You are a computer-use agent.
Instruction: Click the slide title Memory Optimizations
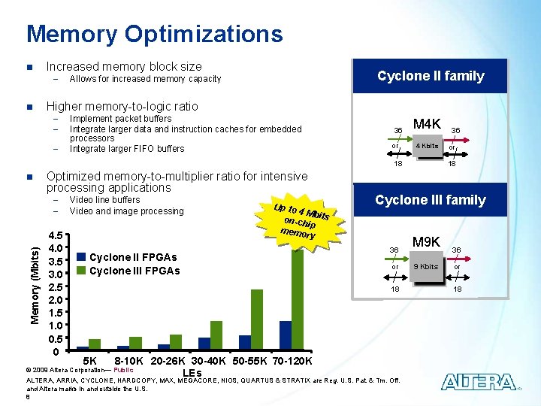coord(154,34)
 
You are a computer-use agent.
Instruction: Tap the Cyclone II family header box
coord(431,76)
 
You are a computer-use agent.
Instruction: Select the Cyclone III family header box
coord(431,200)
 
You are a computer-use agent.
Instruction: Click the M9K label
coord(426,242)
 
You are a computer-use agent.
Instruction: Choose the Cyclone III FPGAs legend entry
coord(128,271)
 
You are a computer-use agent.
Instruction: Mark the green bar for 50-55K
coord(257,320)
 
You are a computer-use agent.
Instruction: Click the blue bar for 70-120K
coord(286,335)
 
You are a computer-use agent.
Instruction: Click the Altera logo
coord(479,382)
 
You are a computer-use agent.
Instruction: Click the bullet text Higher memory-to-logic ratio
coord(122,106)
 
